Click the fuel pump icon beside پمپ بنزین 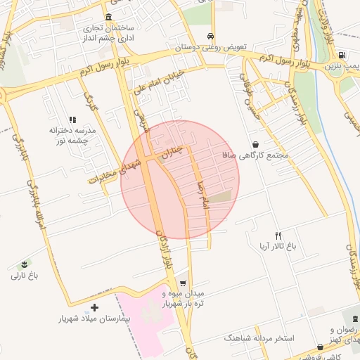(x=342, y=55)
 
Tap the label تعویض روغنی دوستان (x=211, y=47)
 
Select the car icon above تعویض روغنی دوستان (x=211, y=36)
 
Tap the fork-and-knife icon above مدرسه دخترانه (x=72, y=120)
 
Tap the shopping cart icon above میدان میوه (x=183, y=283)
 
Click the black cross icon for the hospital (x=95, y=307)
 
